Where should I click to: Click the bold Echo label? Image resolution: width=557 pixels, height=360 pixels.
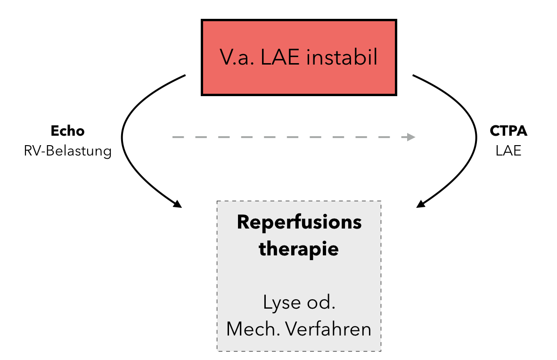pos(67,131)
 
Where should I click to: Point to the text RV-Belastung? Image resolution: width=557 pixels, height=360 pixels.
pos(67,152)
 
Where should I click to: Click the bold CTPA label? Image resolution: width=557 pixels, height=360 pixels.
pos(508,131)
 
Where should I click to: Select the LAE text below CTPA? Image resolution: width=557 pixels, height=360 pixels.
pos(508,152)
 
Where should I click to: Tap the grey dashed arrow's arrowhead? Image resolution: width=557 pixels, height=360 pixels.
pos(411,137)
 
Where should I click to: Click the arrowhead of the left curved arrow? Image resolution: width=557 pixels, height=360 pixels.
pos(177,205)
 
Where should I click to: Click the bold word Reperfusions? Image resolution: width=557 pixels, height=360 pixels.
pos(299,222)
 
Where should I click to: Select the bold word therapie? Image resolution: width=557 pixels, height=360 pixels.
pos(299,248)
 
